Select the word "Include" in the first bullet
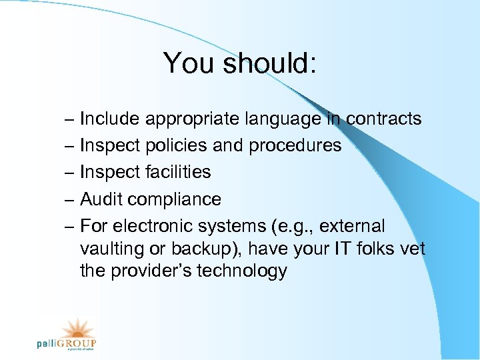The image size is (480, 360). click(x=110, y=119)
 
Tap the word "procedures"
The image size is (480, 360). click(x=295, y=146)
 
